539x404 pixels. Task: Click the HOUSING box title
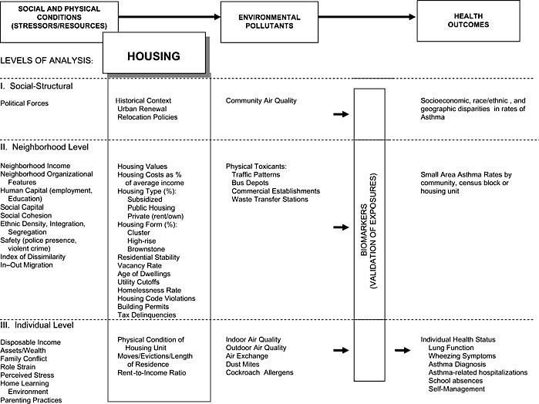pyautogui.click(x=153, y=56)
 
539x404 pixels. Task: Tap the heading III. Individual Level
pyautogui.click(x=39, y=325)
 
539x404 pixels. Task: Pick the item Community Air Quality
pyautogui.click(x=261, y=101)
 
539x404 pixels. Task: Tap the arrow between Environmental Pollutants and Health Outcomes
pyautogui.click(x=372, y=15)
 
